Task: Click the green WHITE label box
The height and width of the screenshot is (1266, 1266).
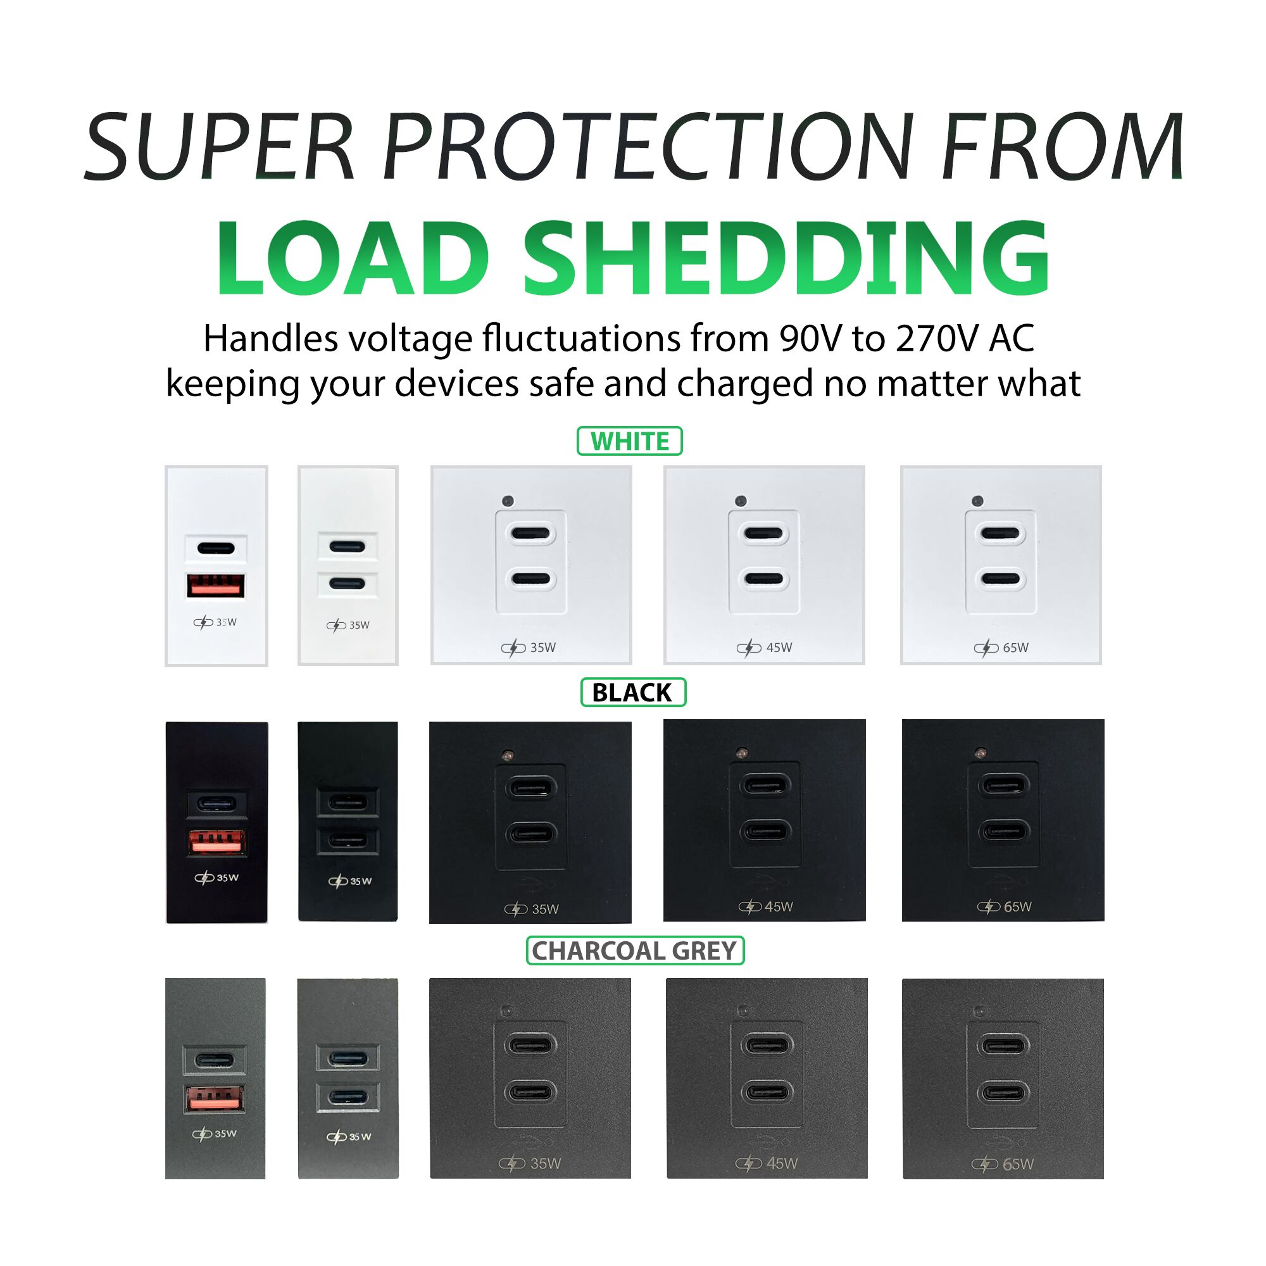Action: tap(630, 441)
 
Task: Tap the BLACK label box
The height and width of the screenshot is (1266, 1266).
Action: tap(633, 693)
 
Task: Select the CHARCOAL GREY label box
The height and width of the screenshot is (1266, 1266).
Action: tap(635, 951)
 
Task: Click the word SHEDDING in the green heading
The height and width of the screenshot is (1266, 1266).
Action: tap(786, 260)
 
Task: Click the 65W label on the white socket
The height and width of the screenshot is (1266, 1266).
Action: tap(1016, 648)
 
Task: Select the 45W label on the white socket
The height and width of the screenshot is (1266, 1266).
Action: tap(779, 648)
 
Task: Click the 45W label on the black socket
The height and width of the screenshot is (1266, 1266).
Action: tap(779, 907)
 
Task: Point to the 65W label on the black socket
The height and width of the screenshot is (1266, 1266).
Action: tap(1018, 907)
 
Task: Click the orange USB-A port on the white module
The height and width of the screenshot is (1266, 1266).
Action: tap(216, 585)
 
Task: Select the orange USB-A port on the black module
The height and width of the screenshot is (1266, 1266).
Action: tap(218, 843)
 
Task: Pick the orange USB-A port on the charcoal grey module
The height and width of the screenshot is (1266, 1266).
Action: tap(216, 1100)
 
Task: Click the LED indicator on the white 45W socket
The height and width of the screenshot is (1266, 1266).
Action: tap(741, 501)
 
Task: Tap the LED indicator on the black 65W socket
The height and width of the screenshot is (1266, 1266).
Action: tap(981, 751)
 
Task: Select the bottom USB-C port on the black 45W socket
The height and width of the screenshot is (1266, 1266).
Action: tap(763, 832)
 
